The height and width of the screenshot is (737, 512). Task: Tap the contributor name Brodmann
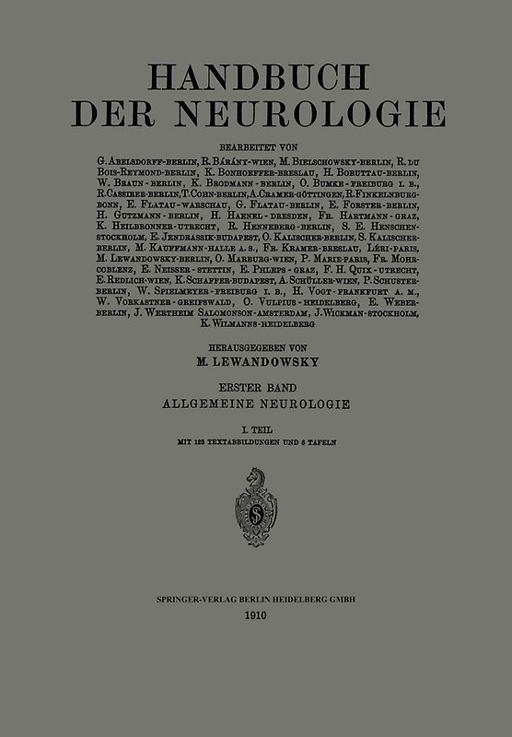[233, 183]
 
